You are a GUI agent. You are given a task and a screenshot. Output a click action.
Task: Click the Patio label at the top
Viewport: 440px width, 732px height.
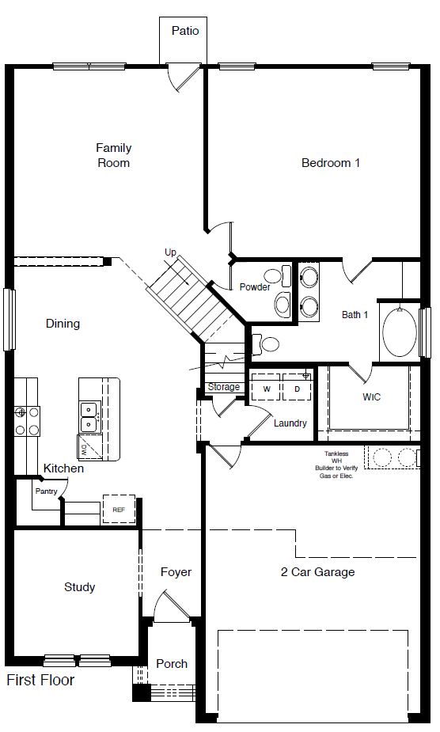coord(185,31)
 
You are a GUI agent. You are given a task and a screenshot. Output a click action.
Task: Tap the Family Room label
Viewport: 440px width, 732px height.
coord(113,155)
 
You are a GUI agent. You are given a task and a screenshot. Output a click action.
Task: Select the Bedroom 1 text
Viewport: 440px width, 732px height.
coord(331,163)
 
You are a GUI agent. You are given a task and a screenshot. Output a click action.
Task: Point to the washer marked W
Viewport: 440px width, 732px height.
coord(266,389)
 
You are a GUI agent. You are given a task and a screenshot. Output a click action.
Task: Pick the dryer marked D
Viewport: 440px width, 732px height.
coord(297,389)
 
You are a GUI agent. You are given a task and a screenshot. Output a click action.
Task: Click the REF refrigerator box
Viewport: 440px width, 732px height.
coord(119,510)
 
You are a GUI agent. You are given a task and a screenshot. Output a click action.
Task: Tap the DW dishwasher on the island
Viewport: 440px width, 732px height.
coord(85,448)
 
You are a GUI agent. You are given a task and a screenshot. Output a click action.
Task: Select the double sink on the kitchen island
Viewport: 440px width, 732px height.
coord(89,416)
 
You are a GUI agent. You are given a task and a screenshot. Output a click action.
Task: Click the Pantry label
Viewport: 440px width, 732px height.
coord(45,491)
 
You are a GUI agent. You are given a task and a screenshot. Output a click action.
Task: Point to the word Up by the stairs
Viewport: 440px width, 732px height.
coord(170,252)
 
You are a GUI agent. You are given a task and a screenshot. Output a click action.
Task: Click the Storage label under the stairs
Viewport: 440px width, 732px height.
coord(223,387)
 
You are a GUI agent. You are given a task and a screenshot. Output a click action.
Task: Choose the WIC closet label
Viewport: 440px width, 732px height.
coord(371,396)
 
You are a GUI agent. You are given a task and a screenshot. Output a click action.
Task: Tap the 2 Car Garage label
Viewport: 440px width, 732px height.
coord(317,572)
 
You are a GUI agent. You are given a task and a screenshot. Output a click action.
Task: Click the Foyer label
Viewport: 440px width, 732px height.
coord(176,572)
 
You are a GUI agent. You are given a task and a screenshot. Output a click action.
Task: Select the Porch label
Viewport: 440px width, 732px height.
coord(172,663)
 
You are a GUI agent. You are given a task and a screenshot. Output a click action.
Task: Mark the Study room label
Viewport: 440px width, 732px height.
coord(79,587)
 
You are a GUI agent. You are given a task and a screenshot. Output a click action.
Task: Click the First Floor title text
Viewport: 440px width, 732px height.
coord(40,680)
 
